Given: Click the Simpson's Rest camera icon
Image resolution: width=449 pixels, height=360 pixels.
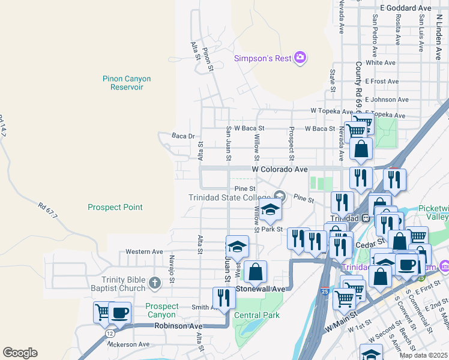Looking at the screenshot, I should pyautogui.click(x=300, y=58).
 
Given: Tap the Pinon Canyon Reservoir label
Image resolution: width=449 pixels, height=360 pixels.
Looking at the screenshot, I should pyautogui.click(x=127, y=83).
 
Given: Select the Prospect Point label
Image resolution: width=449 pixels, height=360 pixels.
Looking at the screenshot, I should pyautogui.click(x=115, y=207).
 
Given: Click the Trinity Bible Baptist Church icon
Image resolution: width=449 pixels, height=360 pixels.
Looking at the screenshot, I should pyautogui.click(x=154, y=283).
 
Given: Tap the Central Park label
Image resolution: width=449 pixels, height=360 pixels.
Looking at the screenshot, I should pyautogui.click(x=257, y=315).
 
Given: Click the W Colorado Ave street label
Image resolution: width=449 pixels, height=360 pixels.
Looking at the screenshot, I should pyautogui.click(x=280, y=170).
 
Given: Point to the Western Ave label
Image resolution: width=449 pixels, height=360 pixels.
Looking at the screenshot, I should pyautogui.click(x=144, y=251).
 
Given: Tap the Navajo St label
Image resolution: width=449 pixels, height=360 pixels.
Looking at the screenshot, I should pyautogui.click(x=172, y=269).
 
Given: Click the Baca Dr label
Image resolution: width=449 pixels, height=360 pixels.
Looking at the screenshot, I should pyautogui.click(x=183, y=136).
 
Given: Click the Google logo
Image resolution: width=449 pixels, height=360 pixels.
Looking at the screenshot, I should pyautogui.click(x=20, y=353).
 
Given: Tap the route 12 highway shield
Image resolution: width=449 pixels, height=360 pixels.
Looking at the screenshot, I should pyautogui.click(x=109, y=332).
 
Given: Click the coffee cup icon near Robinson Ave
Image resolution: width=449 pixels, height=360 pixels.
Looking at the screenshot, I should pyautogui.click(x=119, y=313).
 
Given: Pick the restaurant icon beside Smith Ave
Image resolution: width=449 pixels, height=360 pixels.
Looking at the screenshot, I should pyautogui.click(x=224, y=298).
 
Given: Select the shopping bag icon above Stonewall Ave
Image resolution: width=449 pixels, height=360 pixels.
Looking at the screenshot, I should pyautogui.click(x=255, y=271).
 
